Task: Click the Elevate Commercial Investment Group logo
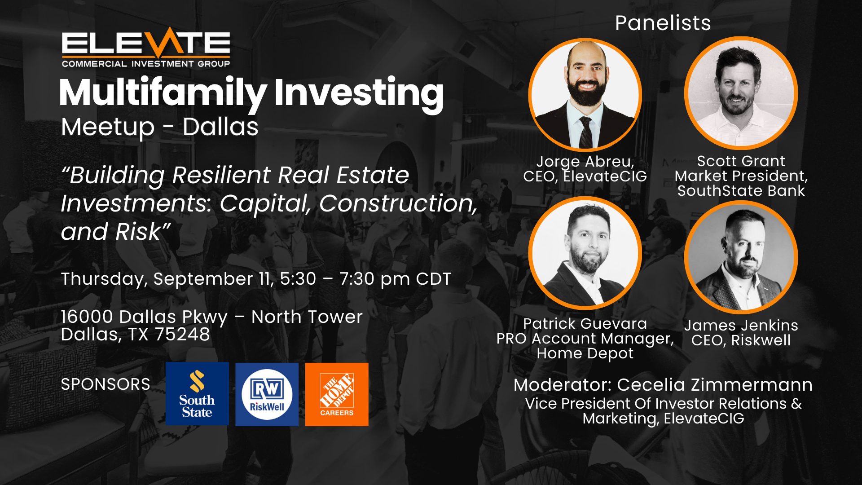point(146,48)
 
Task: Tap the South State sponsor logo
point(197,394)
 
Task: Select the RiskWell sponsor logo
point(267,394)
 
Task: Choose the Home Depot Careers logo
point(337,394)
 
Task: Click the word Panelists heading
point(663,23)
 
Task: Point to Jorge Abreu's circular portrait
point(585,95)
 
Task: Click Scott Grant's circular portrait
point(741,93)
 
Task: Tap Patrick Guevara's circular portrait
point(585,253)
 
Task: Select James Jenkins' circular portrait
point(741,257)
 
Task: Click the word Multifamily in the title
point(163,93)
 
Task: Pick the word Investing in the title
point(359,93)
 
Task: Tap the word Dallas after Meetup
point(220,127)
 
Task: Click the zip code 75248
point(182,335)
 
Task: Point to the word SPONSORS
point(106,384)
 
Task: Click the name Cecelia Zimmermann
point(715,385)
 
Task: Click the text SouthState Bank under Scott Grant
point(741,191)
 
